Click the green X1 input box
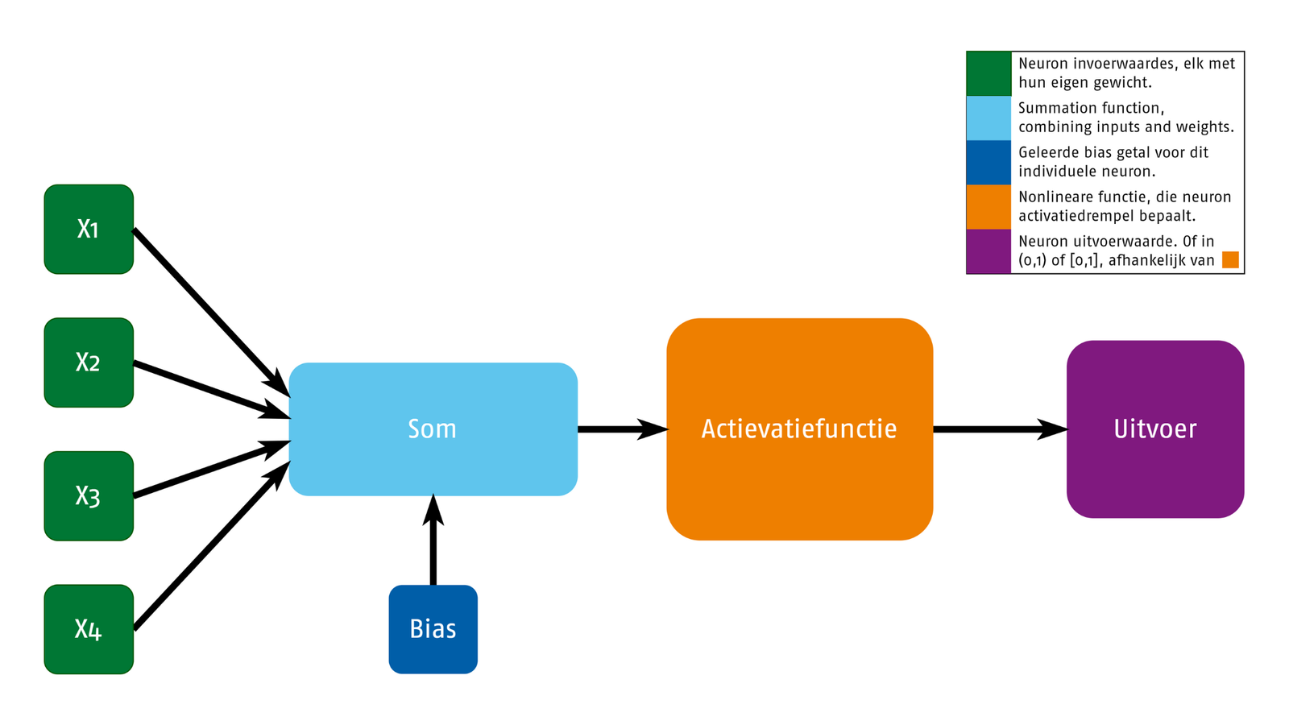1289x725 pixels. [x=89, y=229]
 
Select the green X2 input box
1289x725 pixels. [x=89, y=362]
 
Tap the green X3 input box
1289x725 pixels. [x=89, y=496]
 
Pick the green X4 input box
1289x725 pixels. [x=89, y=629]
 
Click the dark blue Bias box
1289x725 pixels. [x=433, y=629]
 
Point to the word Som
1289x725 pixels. [x=432, y=429]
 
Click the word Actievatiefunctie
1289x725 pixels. [x=799, y=429]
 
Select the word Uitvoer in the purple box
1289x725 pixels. [x=1155, y=429]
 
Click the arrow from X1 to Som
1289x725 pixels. [x=211, y=313]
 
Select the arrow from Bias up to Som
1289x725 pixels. [x=433, y=540]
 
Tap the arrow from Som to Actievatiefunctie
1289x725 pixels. [x=624, y=429]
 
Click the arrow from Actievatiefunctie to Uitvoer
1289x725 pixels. [x=1001, y=429]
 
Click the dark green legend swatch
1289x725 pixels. [x=989, y=73]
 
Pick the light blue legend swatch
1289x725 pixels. [x=989, y=118]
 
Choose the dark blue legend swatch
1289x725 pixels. [x=989, y=162]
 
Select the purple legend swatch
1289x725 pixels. [x=989, y=251]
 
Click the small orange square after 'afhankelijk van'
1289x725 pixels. [x=1230, y=260]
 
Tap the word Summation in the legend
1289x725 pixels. [x=1052, y=108]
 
